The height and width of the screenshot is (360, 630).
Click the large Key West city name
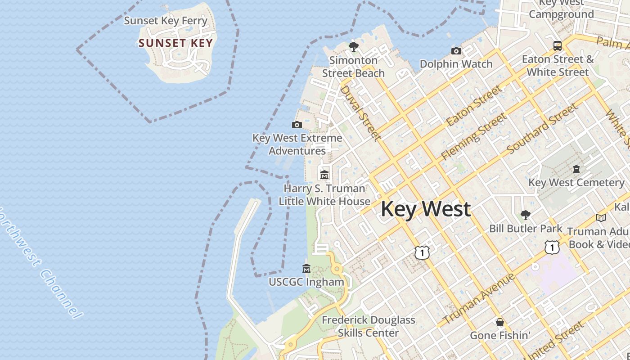coord(426,209)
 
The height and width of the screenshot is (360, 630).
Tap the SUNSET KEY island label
coord(175,43)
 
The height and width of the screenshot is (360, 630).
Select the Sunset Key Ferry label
coord(166,21)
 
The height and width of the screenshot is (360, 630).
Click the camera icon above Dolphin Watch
coord(456,51)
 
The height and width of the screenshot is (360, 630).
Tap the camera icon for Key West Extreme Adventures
coord(297,125)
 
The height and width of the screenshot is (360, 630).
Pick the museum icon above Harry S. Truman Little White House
coord(324,175)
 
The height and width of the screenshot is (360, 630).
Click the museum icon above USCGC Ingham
coord(306,269)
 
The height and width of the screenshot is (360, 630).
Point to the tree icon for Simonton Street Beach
coord(353,46)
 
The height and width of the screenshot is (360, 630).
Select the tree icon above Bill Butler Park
coord(525,215)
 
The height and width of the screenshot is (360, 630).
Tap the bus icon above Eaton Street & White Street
coord(557,45)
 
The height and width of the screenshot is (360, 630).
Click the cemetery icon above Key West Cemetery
coord(576,169)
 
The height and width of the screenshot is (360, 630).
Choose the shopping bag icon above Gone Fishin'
coord(499,322)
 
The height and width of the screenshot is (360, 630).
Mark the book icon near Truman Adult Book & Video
coord(601,218)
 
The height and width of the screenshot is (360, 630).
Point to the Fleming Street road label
coord(474,136)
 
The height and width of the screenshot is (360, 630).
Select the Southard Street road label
coord(542,128)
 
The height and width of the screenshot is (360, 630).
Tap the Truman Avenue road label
coord(479,299)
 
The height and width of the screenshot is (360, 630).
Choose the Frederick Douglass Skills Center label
coord(368,326)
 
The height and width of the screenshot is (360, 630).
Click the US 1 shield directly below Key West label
coord(422,252)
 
